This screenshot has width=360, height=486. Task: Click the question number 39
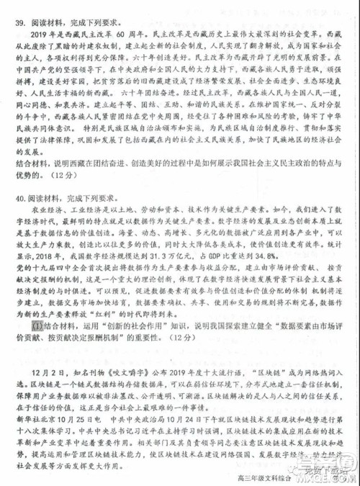pos(19,22)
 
